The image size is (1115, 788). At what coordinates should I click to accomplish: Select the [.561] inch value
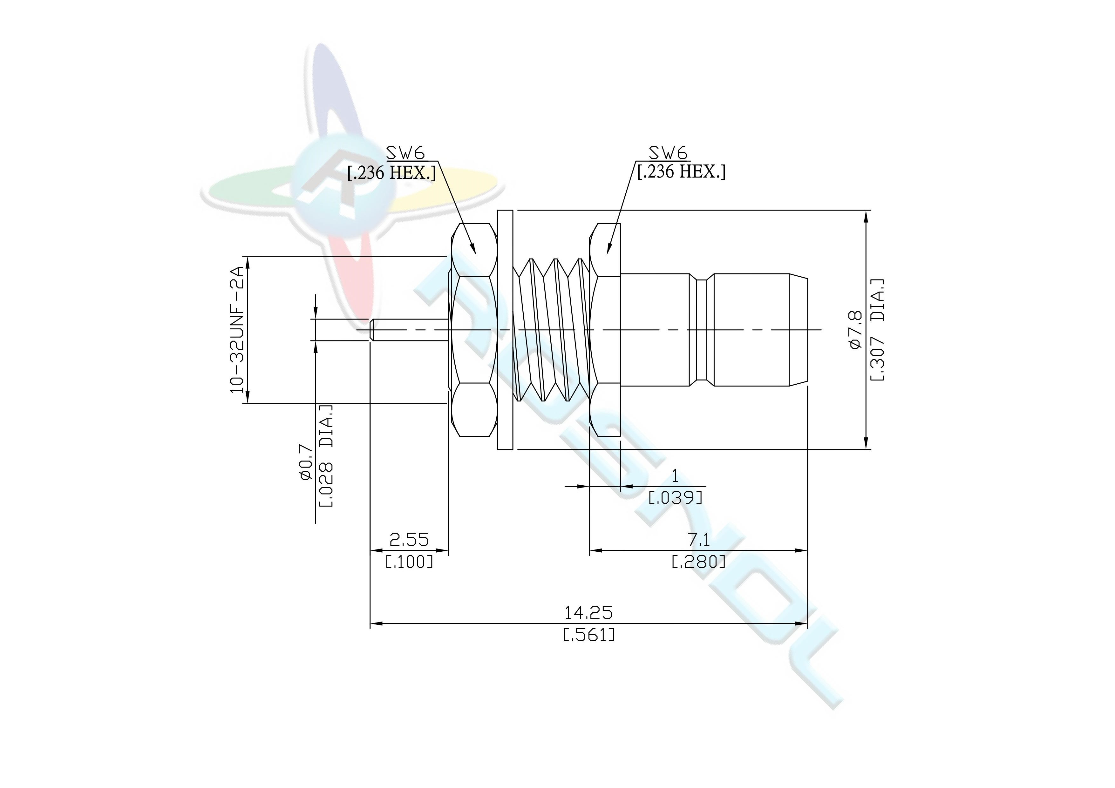[588, 635]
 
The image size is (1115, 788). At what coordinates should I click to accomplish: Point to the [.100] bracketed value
[409, 562]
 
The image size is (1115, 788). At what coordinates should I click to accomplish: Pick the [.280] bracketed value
[698, 562]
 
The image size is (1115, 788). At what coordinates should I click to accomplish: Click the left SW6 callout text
[405, 153]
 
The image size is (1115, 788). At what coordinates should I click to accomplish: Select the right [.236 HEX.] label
[681, 172]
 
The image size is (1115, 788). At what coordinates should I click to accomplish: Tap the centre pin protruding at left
[408, 330]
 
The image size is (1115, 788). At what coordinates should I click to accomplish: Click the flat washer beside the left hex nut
[505, 330]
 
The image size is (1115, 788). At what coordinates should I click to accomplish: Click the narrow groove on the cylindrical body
[701, 330]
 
